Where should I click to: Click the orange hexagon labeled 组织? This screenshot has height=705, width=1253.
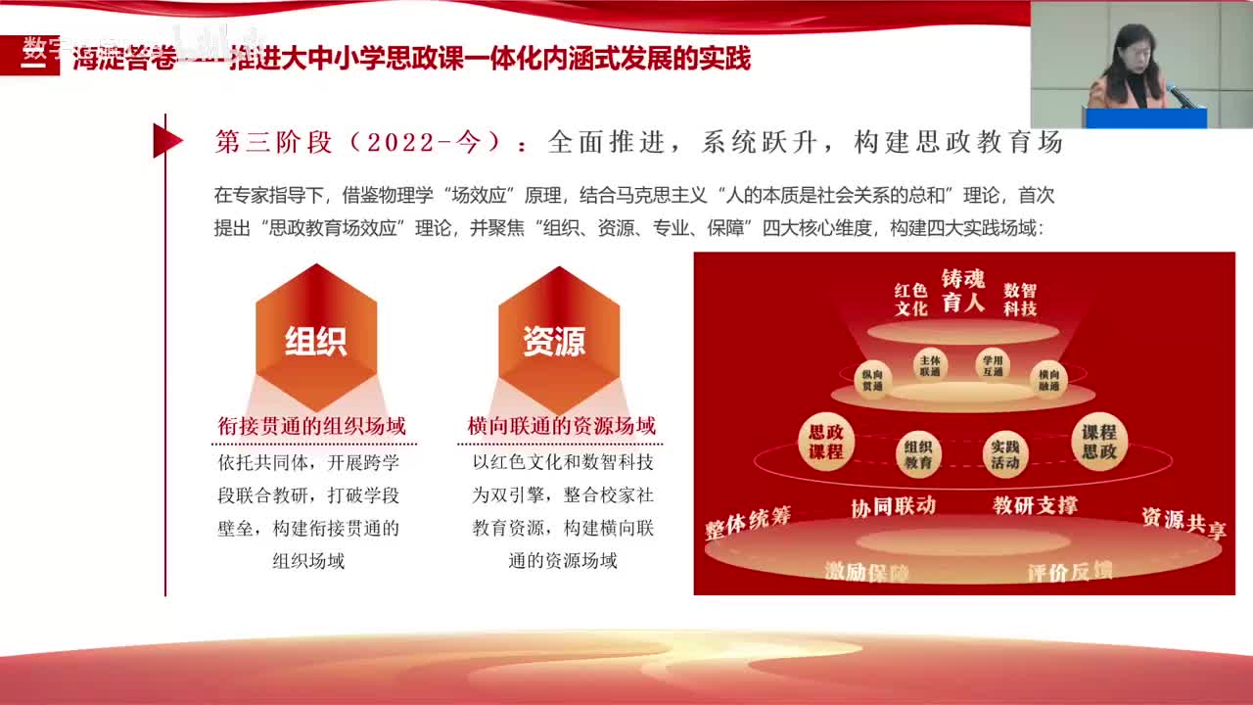316,338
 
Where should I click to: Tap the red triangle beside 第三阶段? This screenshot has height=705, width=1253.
166,141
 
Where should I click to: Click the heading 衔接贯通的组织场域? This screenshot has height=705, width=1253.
312,426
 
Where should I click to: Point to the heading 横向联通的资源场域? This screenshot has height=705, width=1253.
561,426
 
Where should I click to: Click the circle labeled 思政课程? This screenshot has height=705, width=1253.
826,442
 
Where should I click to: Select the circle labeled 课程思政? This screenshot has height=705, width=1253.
1098,442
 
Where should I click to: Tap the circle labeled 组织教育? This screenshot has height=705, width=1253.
918,454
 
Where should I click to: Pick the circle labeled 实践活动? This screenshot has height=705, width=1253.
1005,454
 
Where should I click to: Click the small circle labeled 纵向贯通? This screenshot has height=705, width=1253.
872,379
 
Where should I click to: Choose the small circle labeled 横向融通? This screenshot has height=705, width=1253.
1048,379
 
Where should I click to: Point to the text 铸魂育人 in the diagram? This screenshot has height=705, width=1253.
963,291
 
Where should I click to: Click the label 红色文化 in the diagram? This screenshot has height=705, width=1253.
910,300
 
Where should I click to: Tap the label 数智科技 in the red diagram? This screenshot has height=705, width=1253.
1020,300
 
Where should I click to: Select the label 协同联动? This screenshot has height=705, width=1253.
893,506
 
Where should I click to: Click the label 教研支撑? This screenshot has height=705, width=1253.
1035,505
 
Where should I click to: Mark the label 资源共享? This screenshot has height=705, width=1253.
1183,522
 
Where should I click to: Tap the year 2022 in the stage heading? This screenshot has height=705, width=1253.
400,142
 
